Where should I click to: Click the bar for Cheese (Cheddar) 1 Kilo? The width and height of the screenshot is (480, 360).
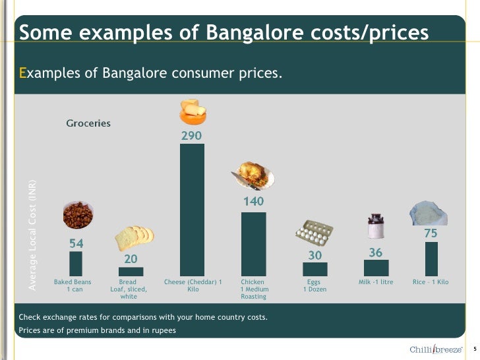192,210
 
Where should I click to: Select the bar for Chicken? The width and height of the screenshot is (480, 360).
253,243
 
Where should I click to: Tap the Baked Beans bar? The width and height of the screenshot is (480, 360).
76,264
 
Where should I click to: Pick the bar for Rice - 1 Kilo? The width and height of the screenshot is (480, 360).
431,258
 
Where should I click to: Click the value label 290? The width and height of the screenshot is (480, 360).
192,135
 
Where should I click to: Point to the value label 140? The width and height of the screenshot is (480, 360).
254,201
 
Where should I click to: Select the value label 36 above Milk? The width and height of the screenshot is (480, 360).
376,252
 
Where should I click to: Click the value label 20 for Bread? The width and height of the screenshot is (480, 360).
131,259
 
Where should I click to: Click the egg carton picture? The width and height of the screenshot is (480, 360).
315,233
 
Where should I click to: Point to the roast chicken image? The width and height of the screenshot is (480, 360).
254,176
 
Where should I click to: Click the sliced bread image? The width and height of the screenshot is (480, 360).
135,237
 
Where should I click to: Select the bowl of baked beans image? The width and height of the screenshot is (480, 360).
78,216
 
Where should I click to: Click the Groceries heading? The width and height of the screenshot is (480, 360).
88,123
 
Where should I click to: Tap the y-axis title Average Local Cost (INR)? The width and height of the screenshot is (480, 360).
32,234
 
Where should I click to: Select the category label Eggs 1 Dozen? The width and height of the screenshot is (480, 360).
314,285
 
